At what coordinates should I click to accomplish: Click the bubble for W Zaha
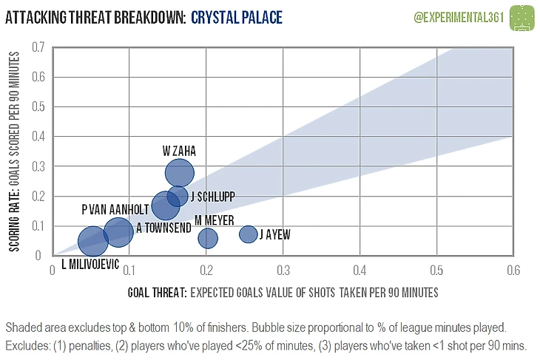(x=180, y=173)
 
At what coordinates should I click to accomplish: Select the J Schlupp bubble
(x=178, y=196)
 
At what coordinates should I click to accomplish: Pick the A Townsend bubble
(x=118, y=232)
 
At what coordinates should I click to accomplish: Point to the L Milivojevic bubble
(x=92, y=241)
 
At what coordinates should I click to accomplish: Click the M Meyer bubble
(x=208, y=238)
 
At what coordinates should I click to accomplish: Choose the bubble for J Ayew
(x=249, y=234)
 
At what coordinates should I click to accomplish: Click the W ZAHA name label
(x=180, y=150)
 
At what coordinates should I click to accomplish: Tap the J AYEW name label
(x=274, y=235)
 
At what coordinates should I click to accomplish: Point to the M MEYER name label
(x=215, y=220)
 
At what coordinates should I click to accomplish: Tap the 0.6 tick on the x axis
(x=512, y=271)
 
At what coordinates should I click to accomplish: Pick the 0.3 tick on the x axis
(x=283, y=271)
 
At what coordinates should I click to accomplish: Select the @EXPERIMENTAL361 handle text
(x=458, y=16)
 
